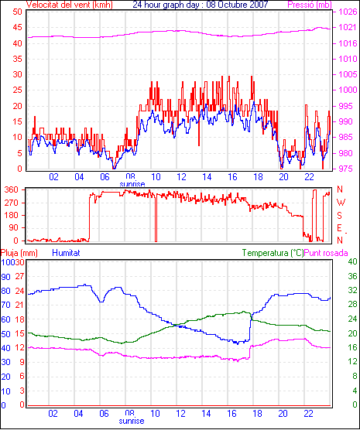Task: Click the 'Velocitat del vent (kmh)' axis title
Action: coord(69,5)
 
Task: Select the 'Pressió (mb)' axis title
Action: coord(310,5)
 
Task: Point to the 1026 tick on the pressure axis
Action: coord(348,12)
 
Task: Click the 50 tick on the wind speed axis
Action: coord(17,12)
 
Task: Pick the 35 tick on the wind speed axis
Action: coord(17,59)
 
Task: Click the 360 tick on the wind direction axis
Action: coord(12,189)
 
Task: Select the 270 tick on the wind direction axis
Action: coord(12,203)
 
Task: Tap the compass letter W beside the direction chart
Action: coord(341,203)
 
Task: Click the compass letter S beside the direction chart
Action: coord(340,216)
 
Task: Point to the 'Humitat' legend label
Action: coord(66,253)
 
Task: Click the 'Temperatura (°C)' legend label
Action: coord(273,253)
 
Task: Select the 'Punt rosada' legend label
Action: coord(326,253)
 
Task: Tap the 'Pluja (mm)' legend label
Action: coord(19,253)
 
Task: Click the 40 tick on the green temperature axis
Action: coord(352,261)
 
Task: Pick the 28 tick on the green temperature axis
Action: coord(352,305)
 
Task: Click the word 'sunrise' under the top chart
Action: coord(132,183)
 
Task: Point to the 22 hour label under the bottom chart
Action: coord(308,413)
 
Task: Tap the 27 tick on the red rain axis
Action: coord(20,276)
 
